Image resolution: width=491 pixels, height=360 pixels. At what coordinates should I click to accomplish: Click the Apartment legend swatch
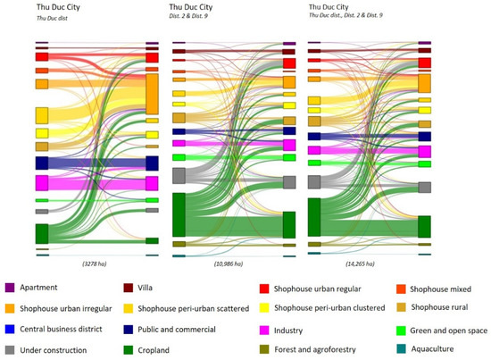pos(11,288)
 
